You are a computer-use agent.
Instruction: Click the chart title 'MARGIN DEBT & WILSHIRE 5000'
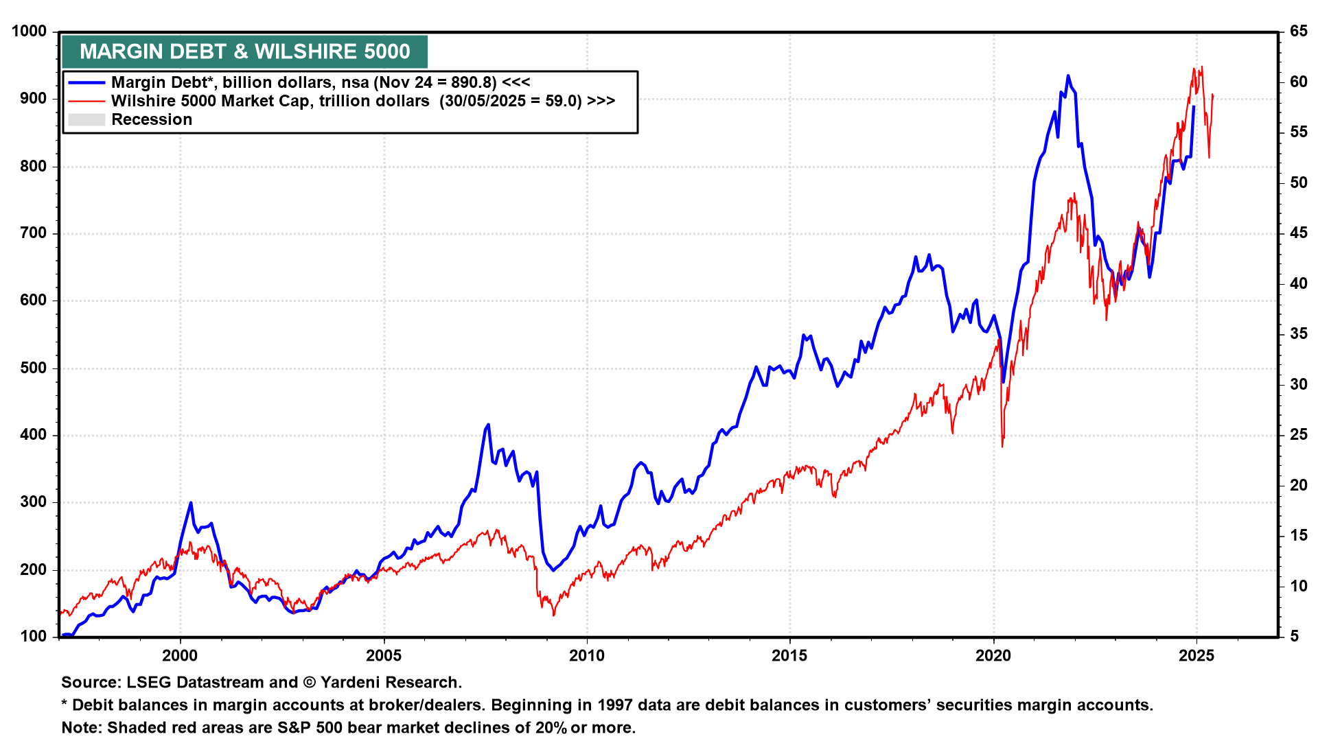(244, 51)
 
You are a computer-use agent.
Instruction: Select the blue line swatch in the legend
(86, 82)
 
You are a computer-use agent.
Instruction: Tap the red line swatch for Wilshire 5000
(86, 101)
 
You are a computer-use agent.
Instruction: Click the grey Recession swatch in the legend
(86, 119)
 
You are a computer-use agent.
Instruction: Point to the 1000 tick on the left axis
(29, 32)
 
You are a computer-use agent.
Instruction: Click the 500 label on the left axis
(33, 368)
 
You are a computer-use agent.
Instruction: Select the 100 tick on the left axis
(33, 636)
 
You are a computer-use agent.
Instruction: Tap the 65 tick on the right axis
(1298, 32)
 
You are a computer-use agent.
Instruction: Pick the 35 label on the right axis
(1298, 334)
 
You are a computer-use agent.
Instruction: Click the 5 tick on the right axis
(1295, 636)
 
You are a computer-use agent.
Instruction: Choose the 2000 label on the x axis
(180, 656)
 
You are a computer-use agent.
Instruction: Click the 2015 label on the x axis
(789, 656)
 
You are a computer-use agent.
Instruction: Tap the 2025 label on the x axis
(1196, 656)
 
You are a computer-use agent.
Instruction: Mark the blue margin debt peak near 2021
(1068, 76)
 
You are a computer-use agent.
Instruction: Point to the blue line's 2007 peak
(488, 425)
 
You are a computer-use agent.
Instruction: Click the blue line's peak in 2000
(191, 503)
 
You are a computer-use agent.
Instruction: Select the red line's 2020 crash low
(1003, 447)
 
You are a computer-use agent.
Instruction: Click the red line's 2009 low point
(553, 615)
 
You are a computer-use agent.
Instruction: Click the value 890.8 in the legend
(473, 82)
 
